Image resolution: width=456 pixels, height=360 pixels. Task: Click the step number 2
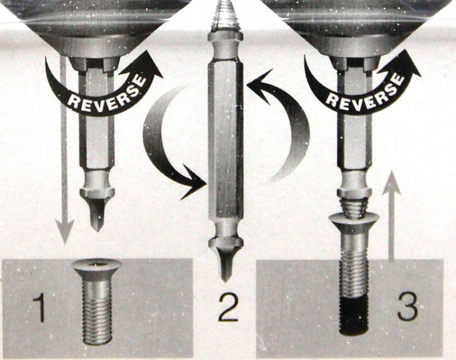(x=228, y=308)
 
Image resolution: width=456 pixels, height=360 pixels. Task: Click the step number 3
(x=407, y=307)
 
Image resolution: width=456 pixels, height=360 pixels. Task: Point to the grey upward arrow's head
(x=392, y=182)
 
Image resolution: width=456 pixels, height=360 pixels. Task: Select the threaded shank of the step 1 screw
(x=97, y=312)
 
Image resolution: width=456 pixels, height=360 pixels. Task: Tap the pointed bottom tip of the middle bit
(x=224, y=280)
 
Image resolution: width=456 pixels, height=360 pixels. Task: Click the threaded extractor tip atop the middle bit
(x=225, y=16)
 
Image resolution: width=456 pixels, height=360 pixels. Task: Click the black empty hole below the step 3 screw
(x=354, y=316)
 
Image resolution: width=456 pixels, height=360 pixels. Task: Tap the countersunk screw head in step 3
(x=354, y=220)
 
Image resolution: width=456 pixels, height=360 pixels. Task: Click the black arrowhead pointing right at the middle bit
(x=193, y=182)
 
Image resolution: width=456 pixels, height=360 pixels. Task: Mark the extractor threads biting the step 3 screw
(x=354, y=207)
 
